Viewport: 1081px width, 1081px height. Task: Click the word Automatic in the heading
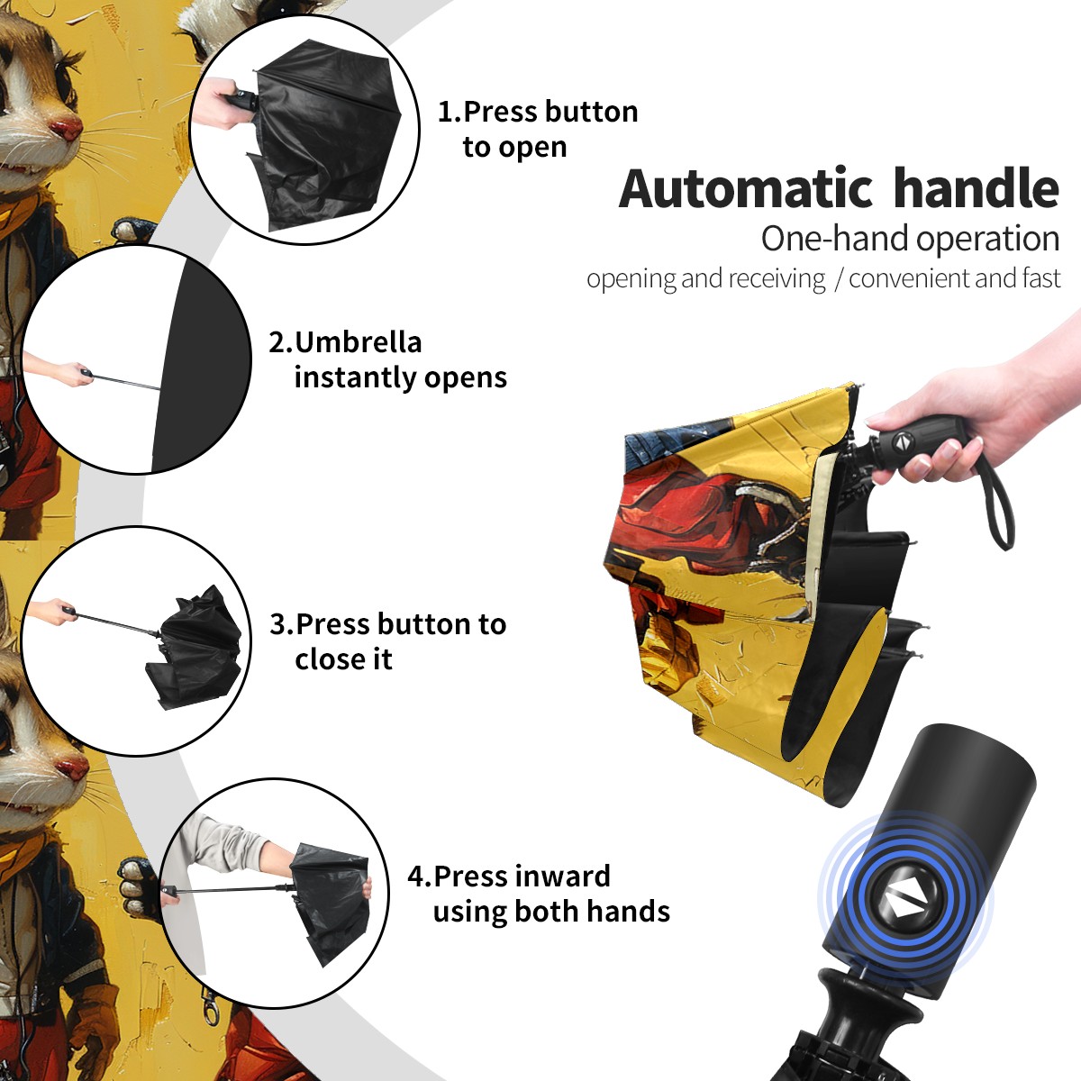click(745, 189)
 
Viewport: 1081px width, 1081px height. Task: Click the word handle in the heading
click(976, 188)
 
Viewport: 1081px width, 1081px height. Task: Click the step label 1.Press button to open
click(538, 129)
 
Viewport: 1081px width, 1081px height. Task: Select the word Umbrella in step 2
click(358, 342)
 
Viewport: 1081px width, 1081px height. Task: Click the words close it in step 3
click(343, 659)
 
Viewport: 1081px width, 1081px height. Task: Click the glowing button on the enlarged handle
click(905, 902)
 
